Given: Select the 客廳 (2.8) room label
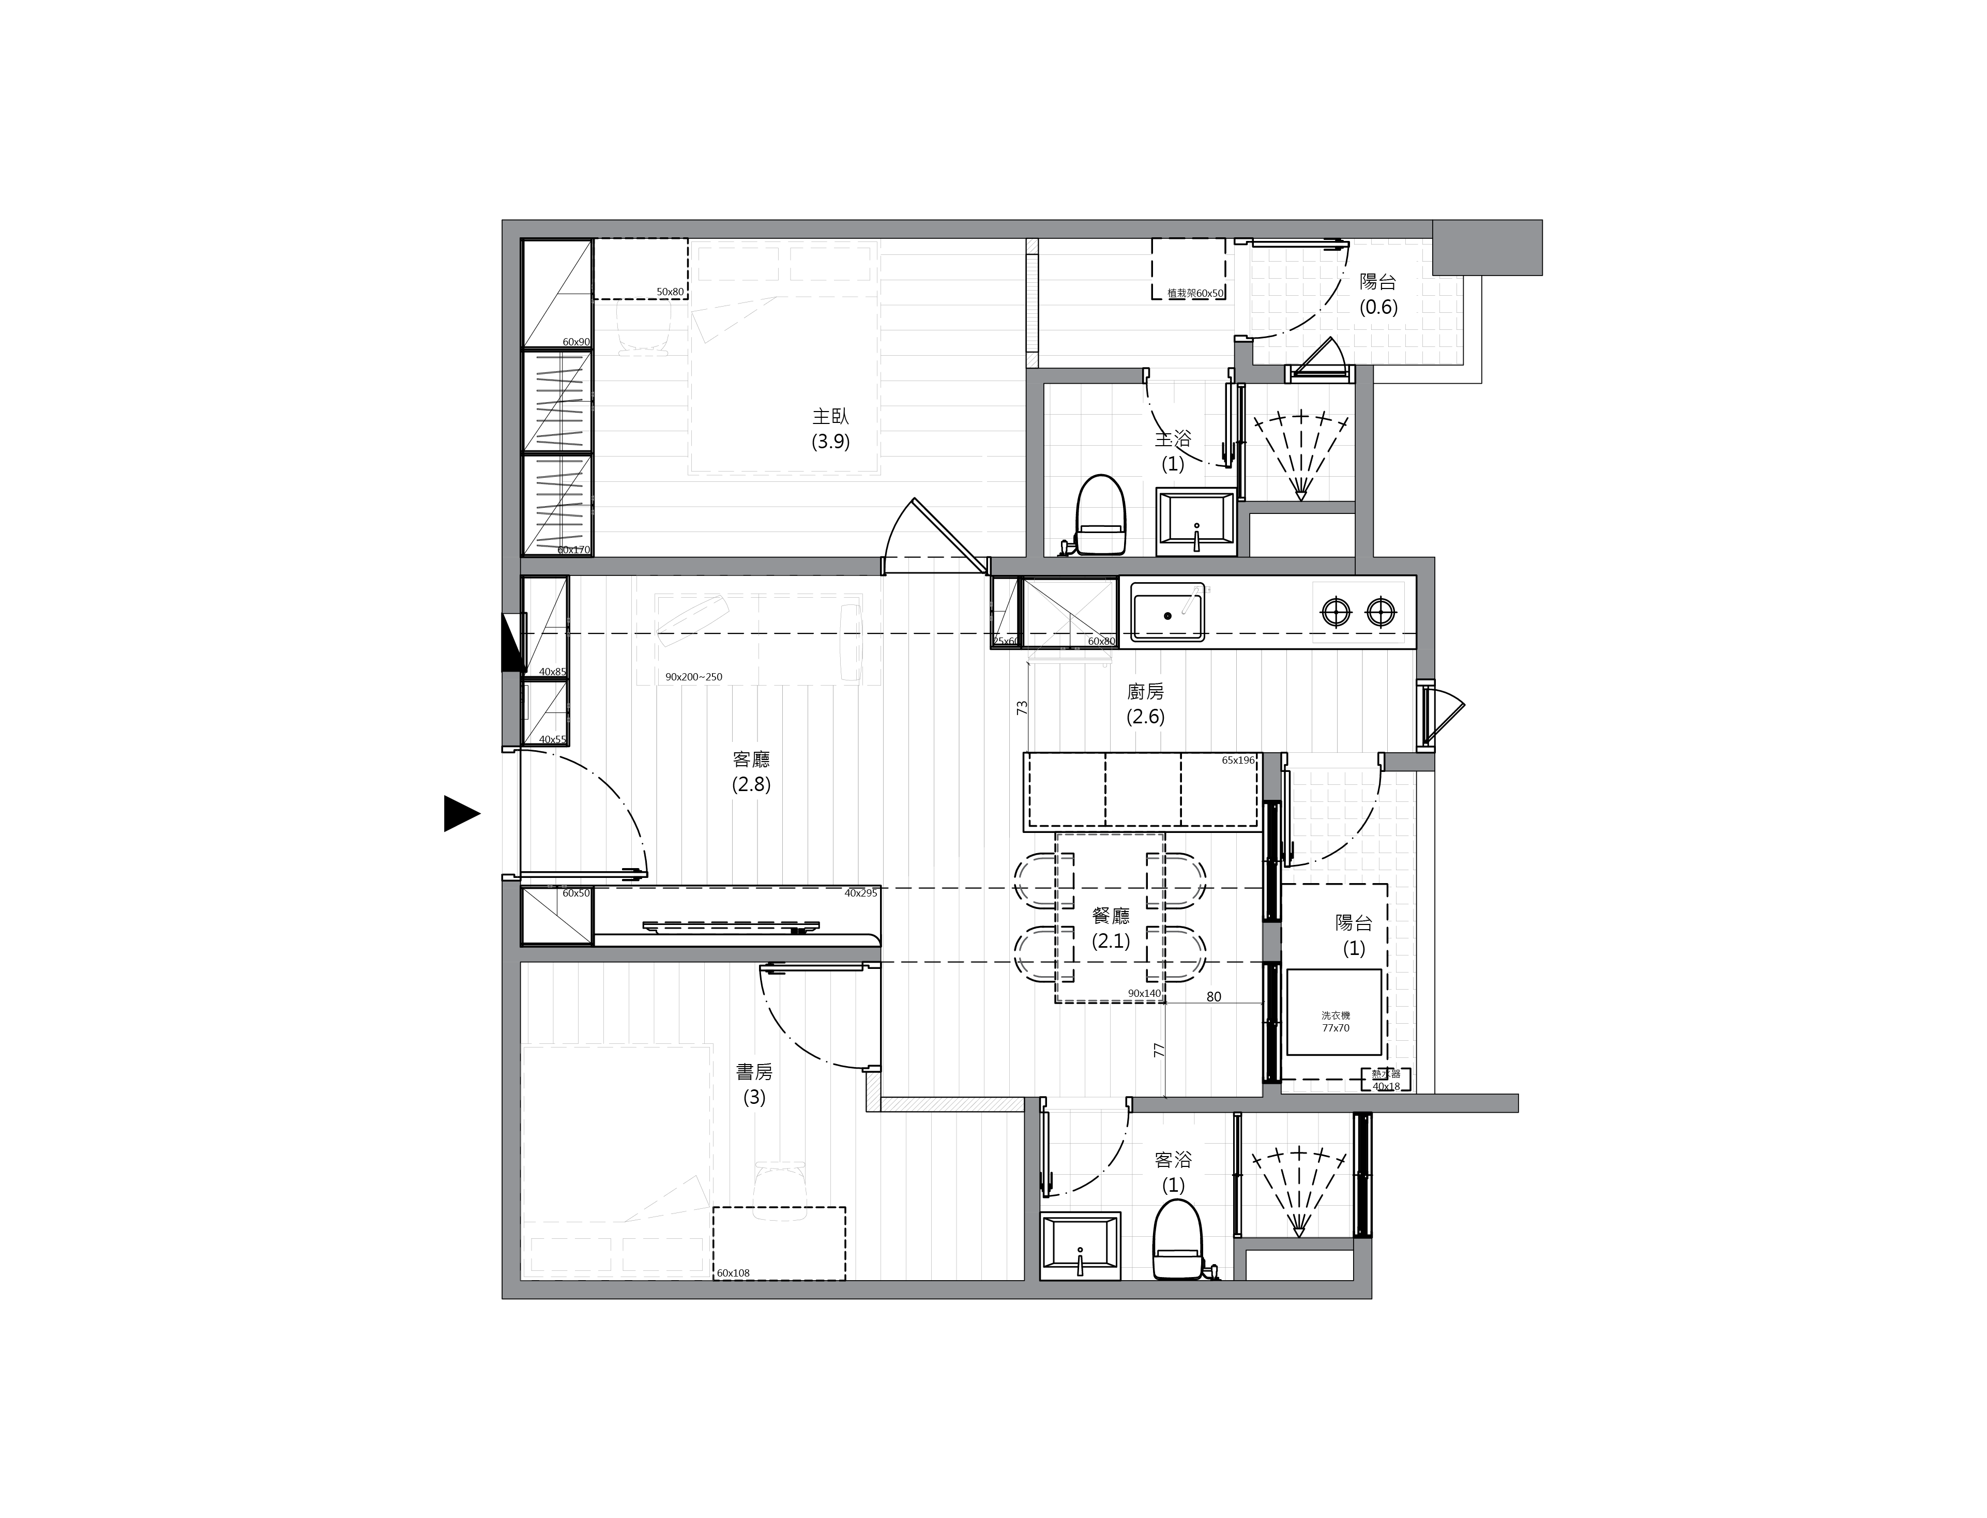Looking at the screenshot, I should [x=751, y=771].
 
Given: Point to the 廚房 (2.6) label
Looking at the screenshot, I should [x=1145, y=704].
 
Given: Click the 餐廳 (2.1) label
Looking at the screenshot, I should [x=1111, y=928].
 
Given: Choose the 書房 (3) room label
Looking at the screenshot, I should [x=754, y=1084].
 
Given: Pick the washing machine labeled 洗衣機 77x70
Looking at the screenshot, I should [x=1334, y=1012].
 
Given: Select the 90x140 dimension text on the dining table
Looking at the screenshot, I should [x=1144, y=993].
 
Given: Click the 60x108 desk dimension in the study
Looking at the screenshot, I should [x=733, y=1273].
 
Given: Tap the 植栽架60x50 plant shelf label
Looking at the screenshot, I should [x=1194, y=293].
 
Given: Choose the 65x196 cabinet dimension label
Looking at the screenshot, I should [x=1238, y=760].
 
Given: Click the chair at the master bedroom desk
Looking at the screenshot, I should [x=643, y=327].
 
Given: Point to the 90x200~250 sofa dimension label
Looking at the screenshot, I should [x=693, y=677].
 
